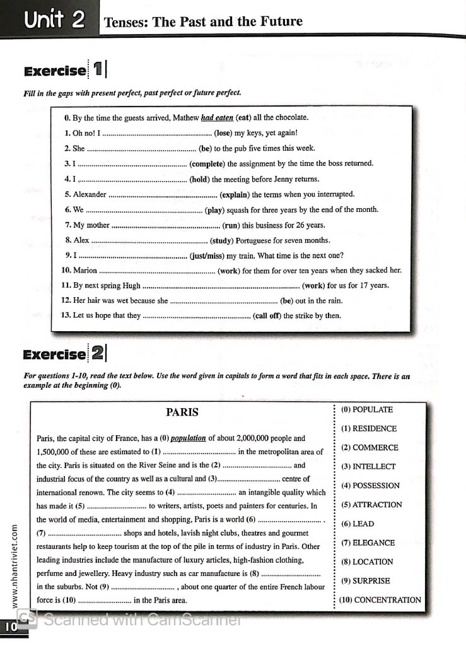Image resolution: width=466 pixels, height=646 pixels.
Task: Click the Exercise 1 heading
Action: [x=65, y=70]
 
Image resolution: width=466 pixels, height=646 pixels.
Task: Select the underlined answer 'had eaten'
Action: [x=217, y=117]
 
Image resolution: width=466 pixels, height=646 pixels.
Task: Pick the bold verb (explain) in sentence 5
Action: [x=235, y=194]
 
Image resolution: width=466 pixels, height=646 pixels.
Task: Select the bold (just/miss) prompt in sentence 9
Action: [x=207, y=255]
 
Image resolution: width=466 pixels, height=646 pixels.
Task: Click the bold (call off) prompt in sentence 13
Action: [x=267, y=316]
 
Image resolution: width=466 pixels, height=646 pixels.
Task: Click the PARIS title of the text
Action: [x=182, y=413]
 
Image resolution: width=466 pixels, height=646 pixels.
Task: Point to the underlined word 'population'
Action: [x=188, y=438]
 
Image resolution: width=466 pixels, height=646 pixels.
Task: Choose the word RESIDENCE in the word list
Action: [x=374, y=429]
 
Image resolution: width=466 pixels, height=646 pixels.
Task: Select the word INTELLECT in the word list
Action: [x=373, y=467]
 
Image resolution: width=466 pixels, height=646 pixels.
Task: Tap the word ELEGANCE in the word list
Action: [x=373, y=543]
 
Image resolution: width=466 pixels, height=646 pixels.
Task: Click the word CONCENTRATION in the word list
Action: [x=387, y=600]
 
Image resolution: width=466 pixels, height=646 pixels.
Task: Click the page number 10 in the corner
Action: [x=11, y=627]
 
